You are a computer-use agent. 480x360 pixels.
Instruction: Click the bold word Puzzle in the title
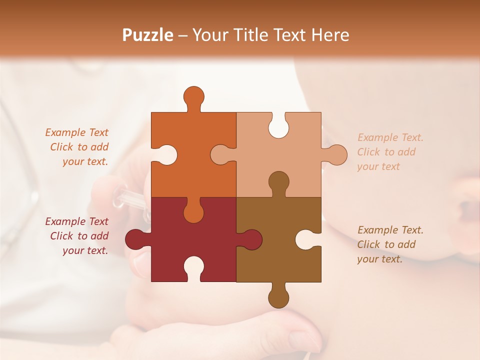pos(148,35)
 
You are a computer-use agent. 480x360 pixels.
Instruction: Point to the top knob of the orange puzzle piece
pos(193,96)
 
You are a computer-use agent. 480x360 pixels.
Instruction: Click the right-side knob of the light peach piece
pos(336,154)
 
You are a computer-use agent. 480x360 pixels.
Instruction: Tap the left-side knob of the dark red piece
pos(135,239)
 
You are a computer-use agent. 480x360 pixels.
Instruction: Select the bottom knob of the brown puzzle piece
pos(278,297)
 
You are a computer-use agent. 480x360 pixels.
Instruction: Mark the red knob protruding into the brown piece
pos(251,239)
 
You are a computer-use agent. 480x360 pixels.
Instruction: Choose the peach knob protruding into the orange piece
pos(221,154)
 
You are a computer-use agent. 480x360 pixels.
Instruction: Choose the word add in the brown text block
pos(407,244)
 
